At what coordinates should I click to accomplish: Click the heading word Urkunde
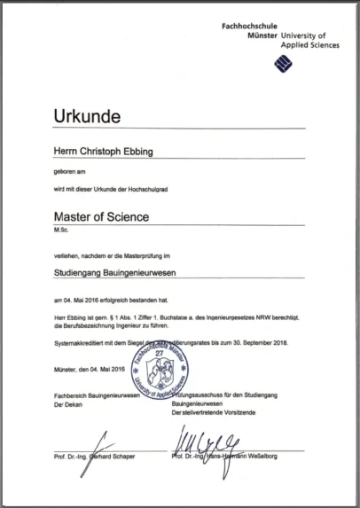[85, 115]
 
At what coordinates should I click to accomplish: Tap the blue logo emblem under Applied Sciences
[283, 63]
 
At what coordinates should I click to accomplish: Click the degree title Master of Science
[101, 216]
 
